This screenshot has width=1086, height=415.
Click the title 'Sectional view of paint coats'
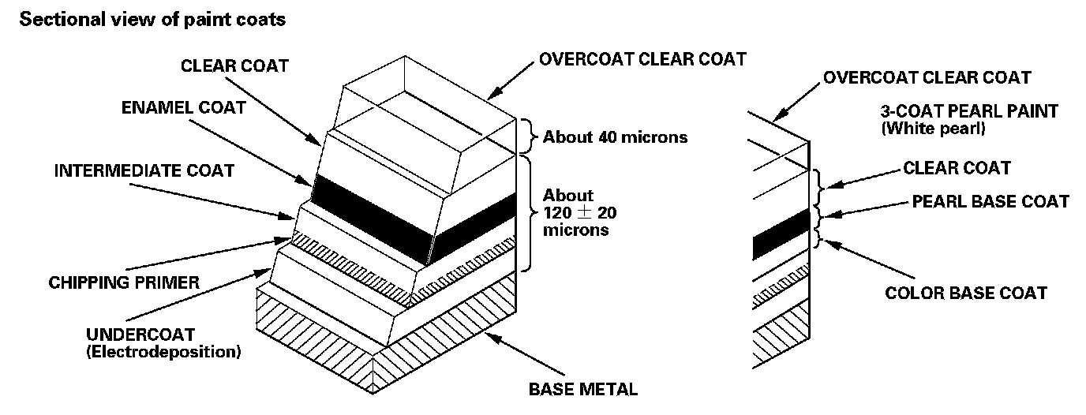tap(152, 21)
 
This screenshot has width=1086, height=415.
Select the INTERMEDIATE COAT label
tap(144, 171)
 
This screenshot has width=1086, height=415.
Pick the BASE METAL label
tap(582, 388)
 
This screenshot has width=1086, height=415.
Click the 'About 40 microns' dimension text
tap(615, 137)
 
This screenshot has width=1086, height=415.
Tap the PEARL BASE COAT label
tap(991, 201)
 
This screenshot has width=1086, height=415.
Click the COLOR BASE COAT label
tap(966, 293)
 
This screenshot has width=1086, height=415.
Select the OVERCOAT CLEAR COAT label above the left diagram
tap(642, 59)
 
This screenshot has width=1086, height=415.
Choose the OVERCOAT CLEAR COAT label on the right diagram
tap(927, 77)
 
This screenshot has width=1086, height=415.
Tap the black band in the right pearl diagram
tap(781, 234)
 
